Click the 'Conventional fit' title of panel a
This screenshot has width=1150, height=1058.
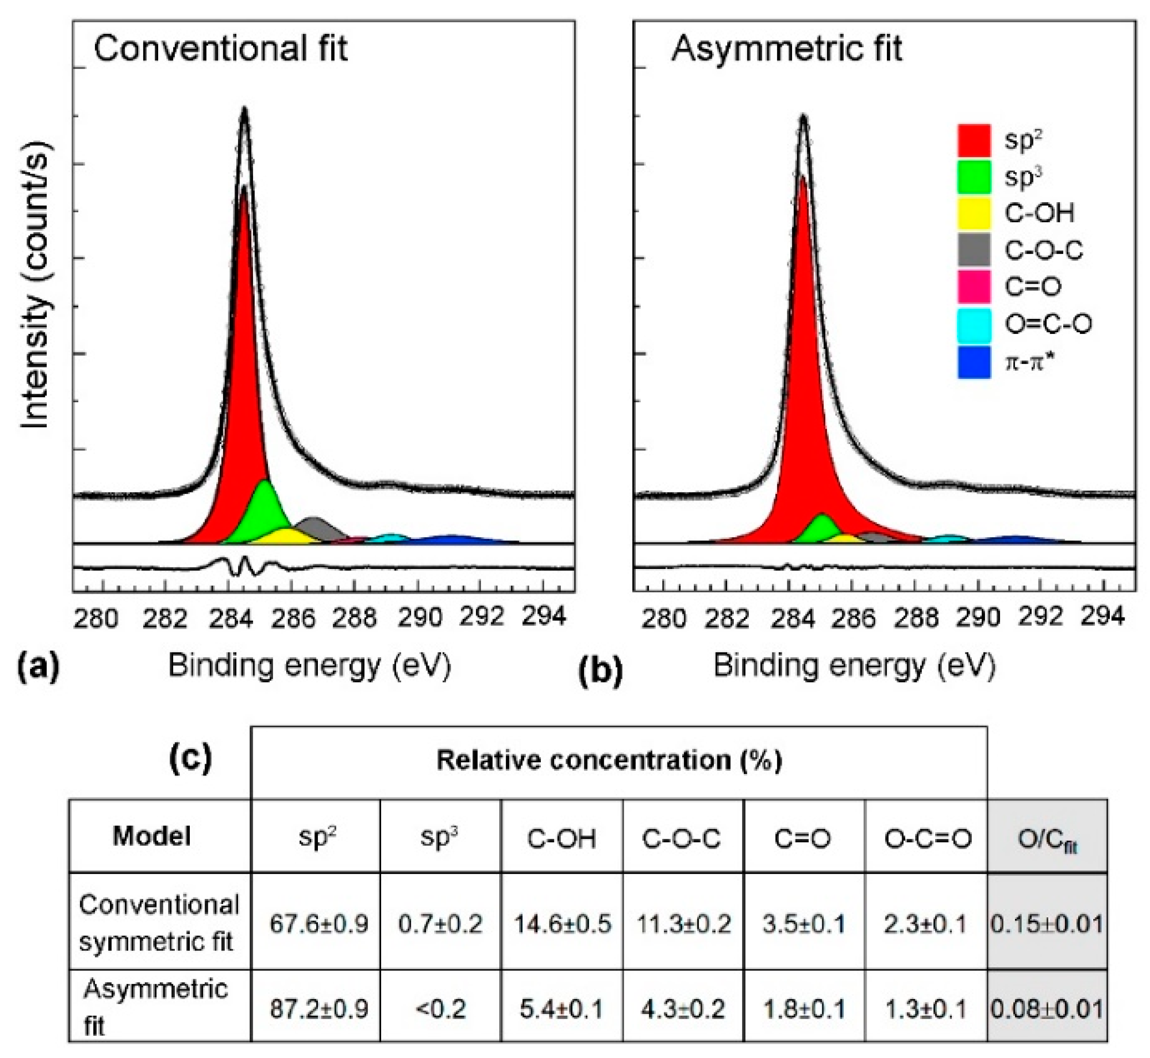(x=221, y=48)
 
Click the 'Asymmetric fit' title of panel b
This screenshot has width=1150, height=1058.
(x=787, y=48)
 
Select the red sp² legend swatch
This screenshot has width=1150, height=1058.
(x=974, y=140)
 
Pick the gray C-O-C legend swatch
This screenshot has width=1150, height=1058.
(x=974, y=250)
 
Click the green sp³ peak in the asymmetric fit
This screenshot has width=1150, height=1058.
(x=822, y=527)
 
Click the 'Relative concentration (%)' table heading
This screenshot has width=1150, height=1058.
(x=609, y=761)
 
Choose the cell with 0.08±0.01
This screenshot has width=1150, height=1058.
(x=1047, y=1009)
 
